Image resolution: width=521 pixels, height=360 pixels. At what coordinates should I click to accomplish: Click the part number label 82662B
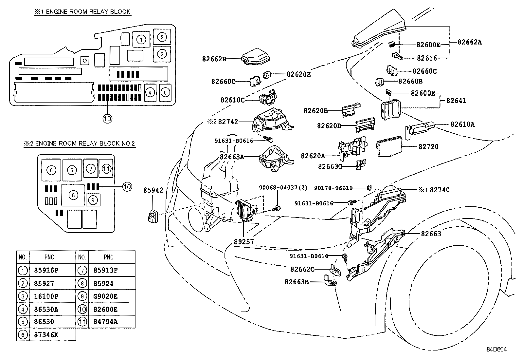214,59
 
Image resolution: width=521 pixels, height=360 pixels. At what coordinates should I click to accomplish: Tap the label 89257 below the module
244,242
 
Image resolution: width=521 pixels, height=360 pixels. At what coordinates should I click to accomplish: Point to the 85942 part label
153,190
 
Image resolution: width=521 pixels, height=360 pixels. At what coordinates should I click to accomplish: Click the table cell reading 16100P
46,296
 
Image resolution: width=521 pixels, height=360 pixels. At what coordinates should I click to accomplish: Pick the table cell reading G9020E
105,296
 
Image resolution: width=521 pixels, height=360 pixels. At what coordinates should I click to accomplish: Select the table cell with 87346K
46,334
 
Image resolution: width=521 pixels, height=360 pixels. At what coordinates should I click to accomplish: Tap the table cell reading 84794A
105,322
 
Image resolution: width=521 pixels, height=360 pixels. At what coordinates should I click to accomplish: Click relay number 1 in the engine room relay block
141,40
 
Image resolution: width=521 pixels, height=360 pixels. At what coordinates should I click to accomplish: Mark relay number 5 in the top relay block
165,92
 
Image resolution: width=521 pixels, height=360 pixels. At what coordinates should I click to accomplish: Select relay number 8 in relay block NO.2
73,195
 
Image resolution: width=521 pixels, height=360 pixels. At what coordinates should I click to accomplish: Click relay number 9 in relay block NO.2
93,199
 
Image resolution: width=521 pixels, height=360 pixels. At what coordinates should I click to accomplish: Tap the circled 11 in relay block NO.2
106,169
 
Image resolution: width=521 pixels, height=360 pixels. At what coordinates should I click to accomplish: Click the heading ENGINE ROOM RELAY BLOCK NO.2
79,143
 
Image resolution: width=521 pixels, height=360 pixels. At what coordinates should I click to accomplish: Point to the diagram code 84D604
496,350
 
